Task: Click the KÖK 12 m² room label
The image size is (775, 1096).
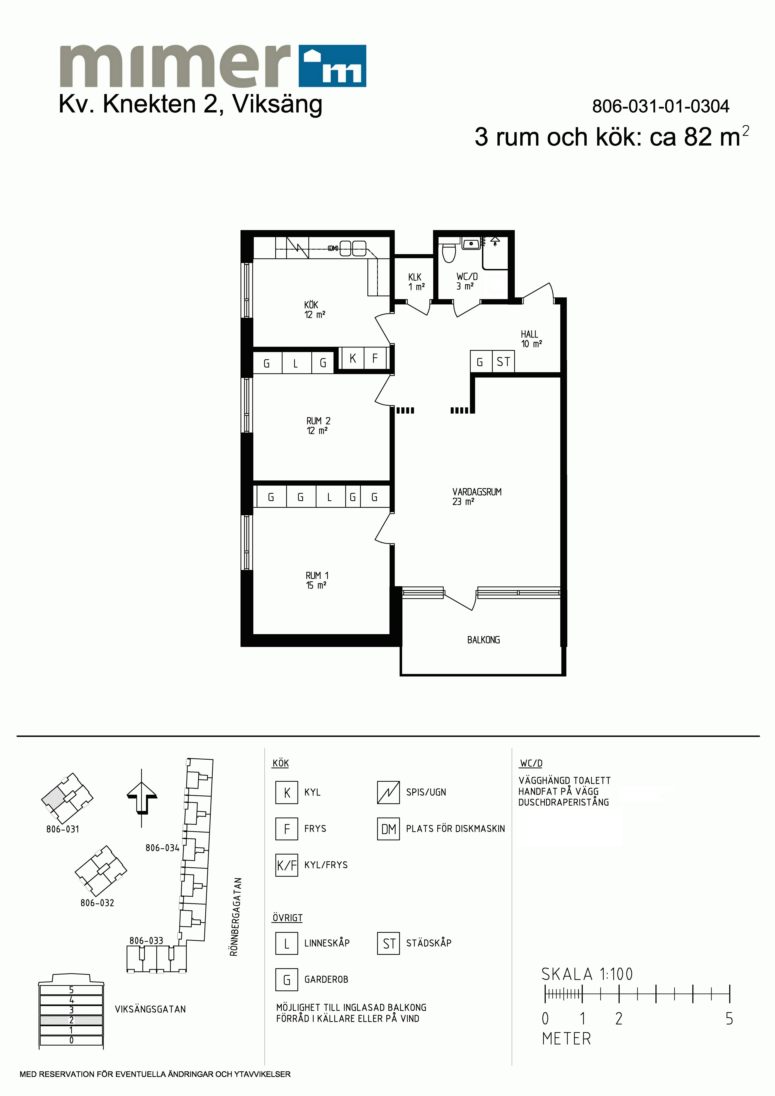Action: [315, 309]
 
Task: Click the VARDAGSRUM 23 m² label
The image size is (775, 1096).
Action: [477, 496]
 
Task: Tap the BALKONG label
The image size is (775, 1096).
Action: [483, 640]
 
